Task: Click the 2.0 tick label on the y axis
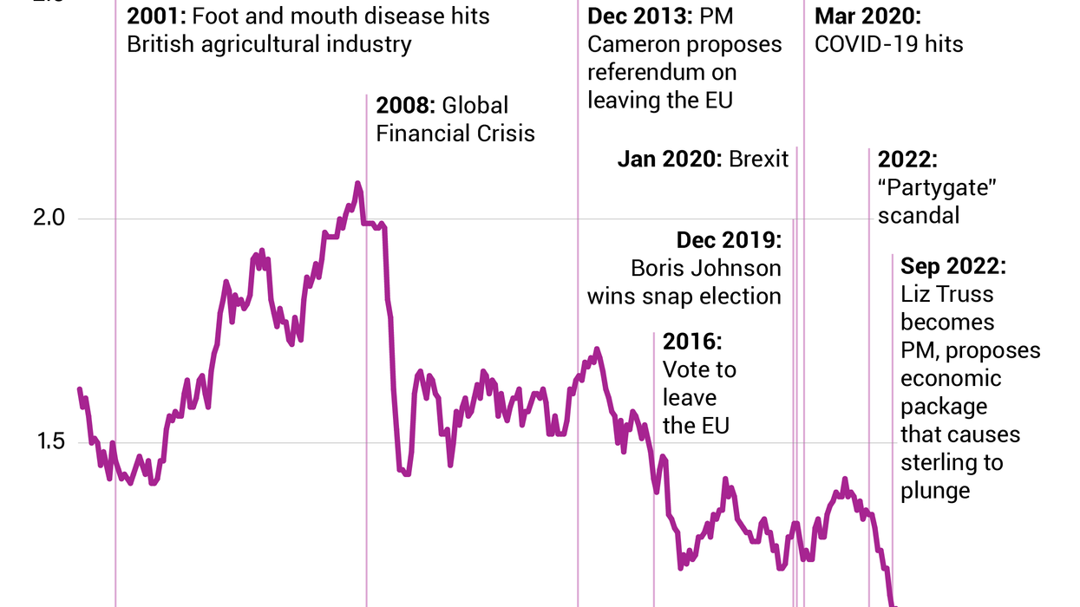tap(49, 218)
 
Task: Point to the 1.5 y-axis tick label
tap(49, 442)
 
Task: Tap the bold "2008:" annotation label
tap(405, 106)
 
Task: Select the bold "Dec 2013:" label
tap(639, 16)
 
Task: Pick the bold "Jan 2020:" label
tap(670, 160)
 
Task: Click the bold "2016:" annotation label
tap(691, 341)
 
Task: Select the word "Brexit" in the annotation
tap(759, 160)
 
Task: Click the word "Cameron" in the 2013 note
tap(641, 44)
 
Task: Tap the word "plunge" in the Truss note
tap(935, 491)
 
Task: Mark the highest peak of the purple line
tap(357, 184)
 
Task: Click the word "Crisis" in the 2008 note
tap(506, 134)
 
